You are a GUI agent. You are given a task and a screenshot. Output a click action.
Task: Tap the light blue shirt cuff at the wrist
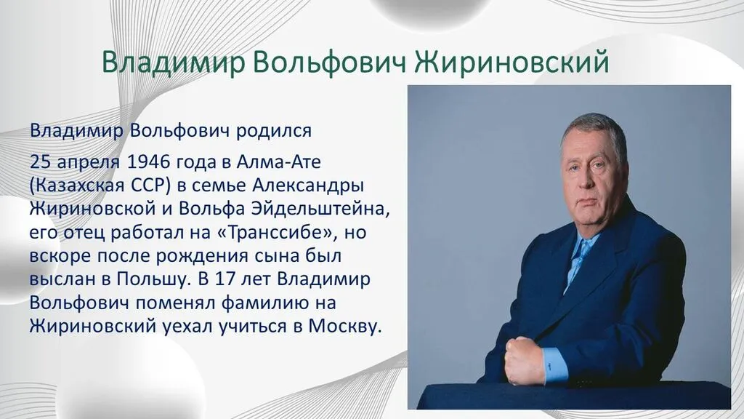(x=557, y=363)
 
